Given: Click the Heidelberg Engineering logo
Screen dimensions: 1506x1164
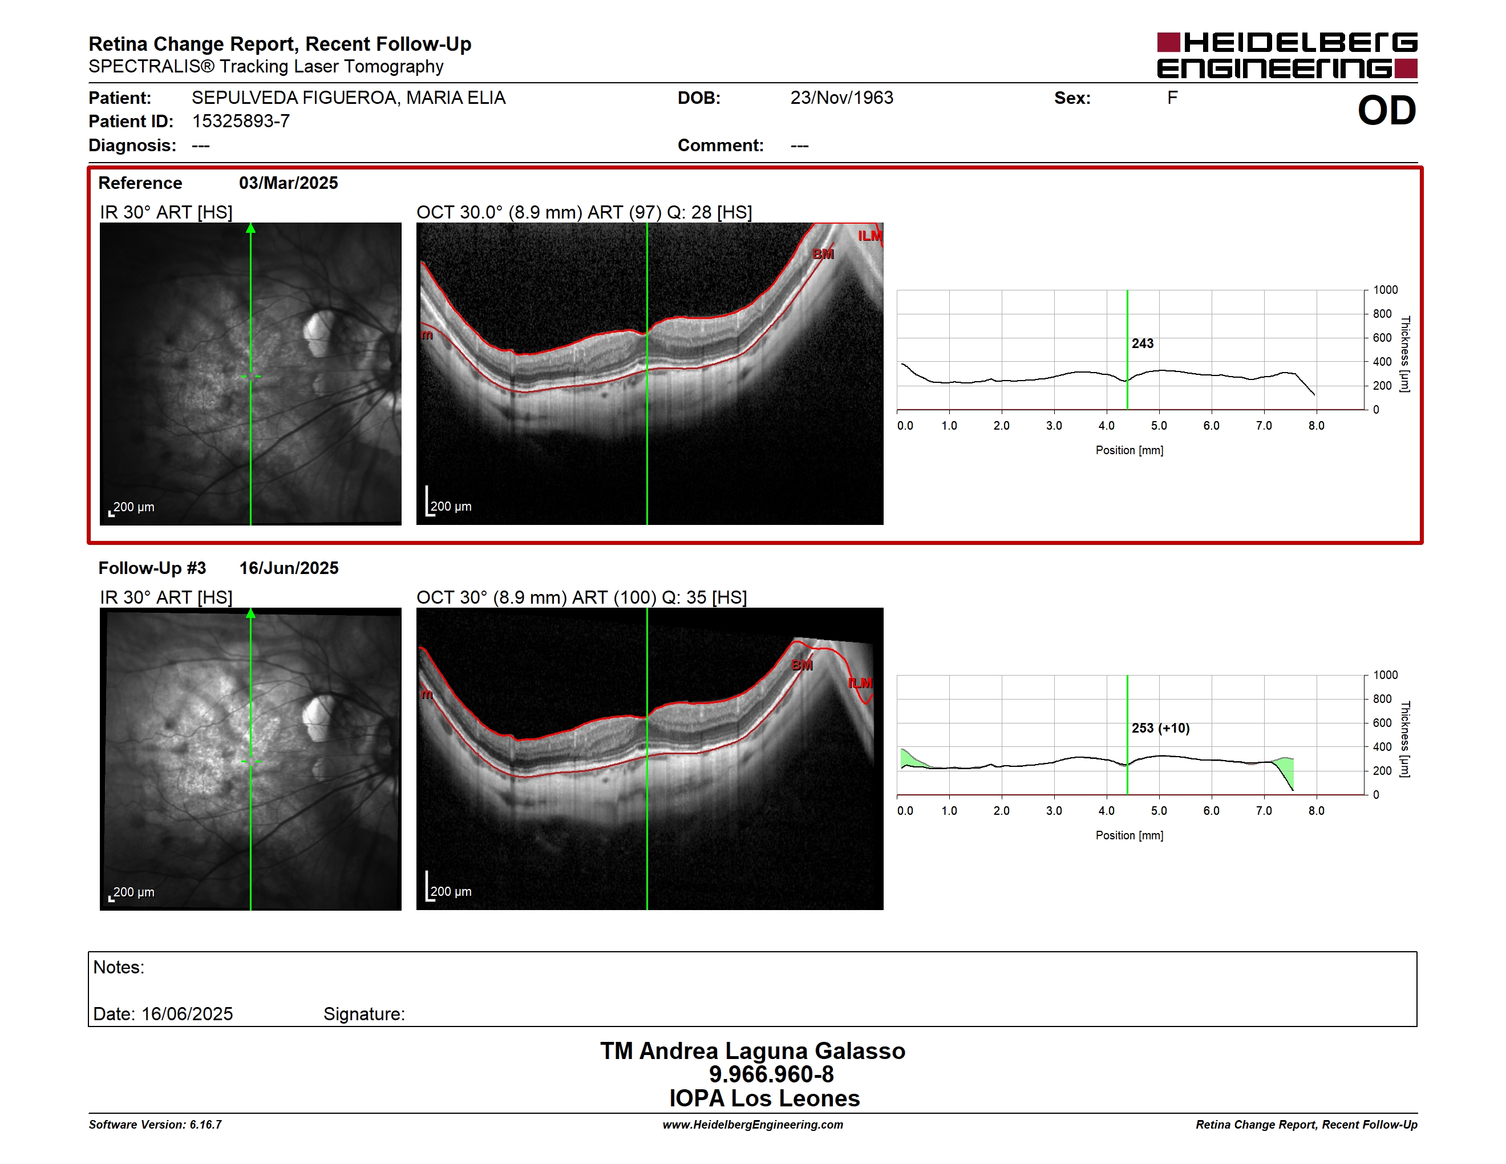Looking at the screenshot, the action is [1287, 55].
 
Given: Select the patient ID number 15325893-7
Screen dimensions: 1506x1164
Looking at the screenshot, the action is [241, 122].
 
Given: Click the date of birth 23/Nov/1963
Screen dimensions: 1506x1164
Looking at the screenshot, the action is [841, 98].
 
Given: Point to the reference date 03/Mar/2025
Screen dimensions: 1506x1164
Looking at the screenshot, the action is [288, 183].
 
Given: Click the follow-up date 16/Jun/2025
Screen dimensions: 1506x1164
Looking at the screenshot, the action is [288, 568].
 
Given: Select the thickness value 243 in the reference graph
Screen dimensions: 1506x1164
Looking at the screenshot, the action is [1142, 343].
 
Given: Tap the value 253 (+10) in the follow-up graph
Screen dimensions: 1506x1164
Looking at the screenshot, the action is [1160, 728].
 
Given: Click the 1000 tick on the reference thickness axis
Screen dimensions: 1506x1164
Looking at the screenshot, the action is [1385, 290].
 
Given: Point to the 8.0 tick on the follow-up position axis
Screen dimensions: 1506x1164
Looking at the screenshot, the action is [1317, 811].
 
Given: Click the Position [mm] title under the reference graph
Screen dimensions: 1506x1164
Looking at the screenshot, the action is [1129, 450].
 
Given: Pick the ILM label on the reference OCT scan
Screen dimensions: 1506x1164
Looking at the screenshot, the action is [869, 236].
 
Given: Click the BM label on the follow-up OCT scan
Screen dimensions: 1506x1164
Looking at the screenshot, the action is [802, 665].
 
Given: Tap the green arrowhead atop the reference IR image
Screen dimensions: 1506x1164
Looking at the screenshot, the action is [251, 228].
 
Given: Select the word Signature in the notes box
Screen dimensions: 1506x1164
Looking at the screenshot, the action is [363, 1015].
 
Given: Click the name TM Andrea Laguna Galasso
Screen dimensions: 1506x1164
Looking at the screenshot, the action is [752, 1051].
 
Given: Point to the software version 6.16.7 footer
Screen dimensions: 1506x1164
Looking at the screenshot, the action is [155, 1125].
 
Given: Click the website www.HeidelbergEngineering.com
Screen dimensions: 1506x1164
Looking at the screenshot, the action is [752, 1125].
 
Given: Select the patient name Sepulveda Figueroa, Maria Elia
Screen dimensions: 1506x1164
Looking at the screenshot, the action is [348, 98].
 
